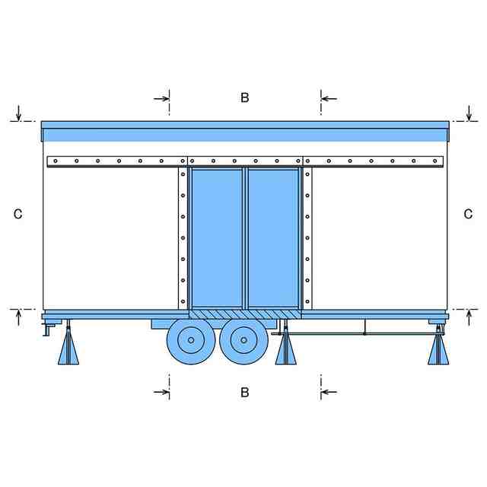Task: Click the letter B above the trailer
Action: [244, 97]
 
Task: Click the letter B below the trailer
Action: [244, 393]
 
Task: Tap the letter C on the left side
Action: [18, 215]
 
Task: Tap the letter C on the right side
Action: [468, 215]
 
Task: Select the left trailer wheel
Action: [191, 340]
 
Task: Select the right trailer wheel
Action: [243, 340]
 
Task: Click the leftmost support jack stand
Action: [68, 349]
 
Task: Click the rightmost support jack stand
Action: [438, 349]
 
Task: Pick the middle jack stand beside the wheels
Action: [286, 349]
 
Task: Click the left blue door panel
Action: [216, 237]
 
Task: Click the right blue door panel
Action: [273, 237]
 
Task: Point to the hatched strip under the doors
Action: [244, 314]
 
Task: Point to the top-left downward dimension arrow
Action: [18, 114]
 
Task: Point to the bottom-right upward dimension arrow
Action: [469, 316]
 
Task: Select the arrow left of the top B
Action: [162, 98]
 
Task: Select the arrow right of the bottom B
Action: [328, 393]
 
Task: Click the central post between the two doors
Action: [244, 237]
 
